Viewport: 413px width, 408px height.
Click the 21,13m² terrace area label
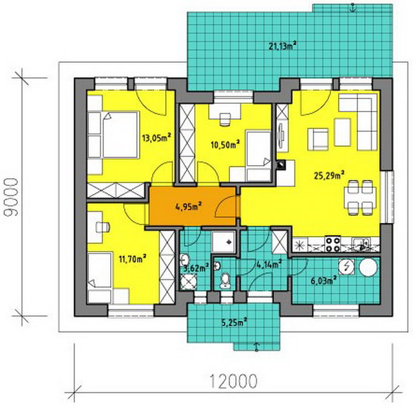[x=283, y=46]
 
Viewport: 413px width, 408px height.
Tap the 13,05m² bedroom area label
[x=156, y=138]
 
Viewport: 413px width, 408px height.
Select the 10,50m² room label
[x=225, y=144]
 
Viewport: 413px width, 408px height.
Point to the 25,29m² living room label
[x=329, y=175]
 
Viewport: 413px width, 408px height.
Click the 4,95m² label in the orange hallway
[x=189, y=206]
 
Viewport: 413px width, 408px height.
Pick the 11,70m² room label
[x=132, y=259]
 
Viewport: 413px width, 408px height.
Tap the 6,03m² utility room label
[x=324, y=280]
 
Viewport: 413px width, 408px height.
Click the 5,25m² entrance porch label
[x=234, y=322]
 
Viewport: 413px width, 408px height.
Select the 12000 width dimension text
[x=233, y=381]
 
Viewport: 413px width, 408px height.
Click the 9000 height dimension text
[x=12, y=197]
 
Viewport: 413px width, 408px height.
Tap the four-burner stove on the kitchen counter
[x=333, y=244]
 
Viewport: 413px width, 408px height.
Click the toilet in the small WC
[x=225, y=280]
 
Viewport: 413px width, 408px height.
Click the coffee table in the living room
[x=342, y=132]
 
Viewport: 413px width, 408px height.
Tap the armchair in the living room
[x=318, y=139]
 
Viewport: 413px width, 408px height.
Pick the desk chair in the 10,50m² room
[x=224, y=119]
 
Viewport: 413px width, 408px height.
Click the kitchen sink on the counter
[x=361, y=244]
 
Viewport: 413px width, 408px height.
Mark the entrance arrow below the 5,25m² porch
[x=257, y=347]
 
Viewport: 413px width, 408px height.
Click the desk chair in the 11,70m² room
[x=103, y=228]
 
